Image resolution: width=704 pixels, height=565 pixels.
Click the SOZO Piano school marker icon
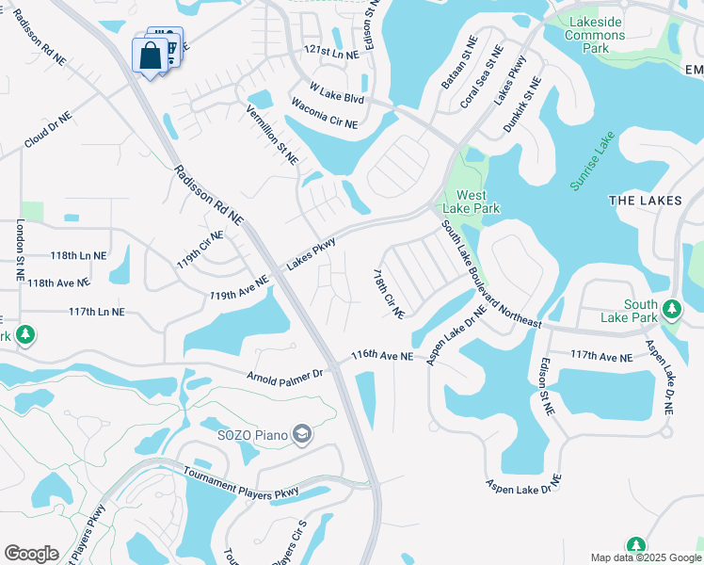(x=302, y=434)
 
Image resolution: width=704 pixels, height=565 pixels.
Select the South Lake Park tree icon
(x=671, y=309)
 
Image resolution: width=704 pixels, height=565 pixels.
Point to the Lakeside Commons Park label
(x=595, y=28)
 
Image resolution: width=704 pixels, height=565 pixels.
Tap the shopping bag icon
(x=151, y=56)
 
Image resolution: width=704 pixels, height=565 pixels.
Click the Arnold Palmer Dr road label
(x=284, y=373)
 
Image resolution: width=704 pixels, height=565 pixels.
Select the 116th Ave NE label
(x=382, y=356)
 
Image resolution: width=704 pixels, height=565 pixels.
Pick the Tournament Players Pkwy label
(x=241, y=483)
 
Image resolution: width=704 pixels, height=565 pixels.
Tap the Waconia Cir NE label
(x=325, y=113)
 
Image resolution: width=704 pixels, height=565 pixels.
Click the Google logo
(x=31, y=554)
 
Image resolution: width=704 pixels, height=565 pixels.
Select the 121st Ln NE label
(x=331, y=55)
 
